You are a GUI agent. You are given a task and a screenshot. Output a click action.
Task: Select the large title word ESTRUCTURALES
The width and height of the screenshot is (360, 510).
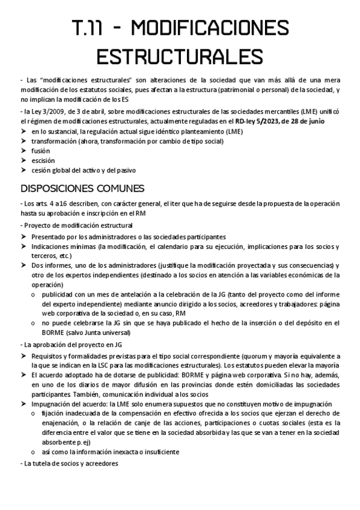point(180,56)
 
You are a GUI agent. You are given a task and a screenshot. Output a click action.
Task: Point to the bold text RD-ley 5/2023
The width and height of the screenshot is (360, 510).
point(251,121)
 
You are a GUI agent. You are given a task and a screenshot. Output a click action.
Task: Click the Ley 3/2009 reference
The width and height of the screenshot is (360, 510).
point(45,112)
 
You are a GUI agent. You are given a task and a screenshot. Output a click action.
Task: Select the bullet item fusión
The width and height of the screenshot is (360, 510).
point(41,150)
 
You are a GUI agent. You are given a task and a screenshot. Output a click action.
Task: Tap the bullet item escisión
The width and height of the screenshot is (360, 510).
point(43,161)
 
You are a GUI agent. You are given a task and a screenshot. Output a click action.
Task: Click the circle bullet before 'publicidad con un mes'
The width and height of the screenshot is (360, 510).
point(34,295)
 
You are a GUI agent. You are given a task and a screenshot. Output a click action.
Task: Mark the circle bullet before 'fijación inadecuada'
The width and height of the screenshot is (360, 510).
point(34,414)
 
